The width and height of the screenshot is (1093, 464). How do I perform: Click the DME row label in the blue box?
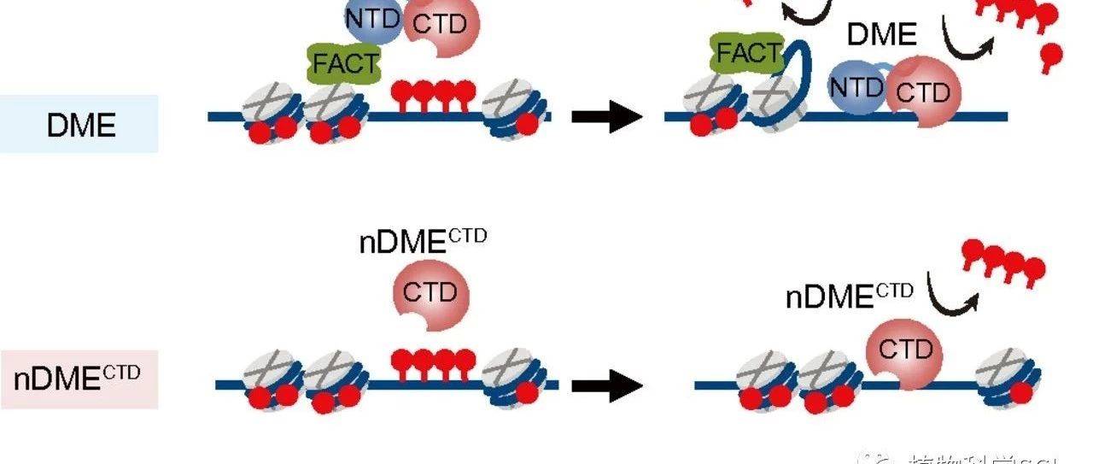pos(81,125)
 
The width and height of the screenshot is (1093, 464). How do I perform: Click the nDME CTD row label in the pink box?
pos(77,378)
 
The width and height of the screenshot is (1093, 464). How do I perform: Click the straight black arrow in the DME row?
pos(606,116)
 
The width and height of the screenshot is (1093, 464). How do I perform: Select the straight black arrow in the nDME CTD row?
pos(606,385)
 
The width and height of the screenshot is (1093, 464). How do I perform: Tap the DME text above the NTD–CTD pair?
pos(881,35)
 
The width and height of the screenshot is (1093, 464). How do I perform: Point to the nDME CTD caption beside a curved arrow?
pos(850,295)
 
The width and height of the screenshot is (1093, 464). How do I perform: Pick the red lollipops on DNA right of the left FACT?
pos(433,94)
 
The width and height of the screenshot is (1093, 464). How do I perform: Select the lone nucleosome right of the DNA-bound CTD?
pos(1008,376)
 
